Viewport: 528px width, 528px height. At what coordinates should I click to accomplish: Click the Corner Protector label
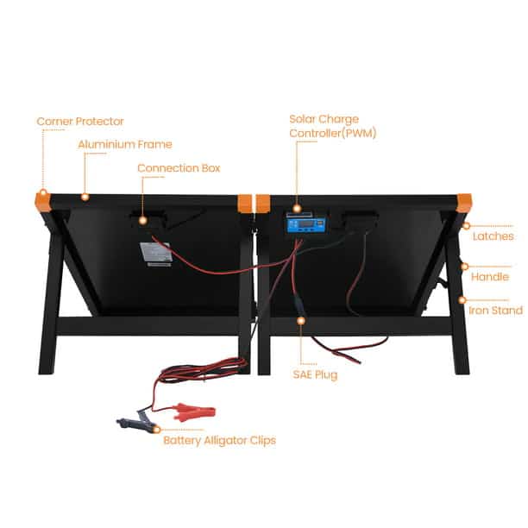click(80, 122)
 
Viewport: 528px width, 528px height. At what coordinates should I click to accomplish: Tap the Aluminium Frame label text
click(125, 144)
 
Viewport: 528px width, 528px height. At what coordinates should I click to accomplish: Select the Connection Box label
click(179, 168)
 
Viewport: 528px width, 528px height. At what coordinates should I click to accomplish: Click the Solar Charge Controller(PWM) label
click(333, 126)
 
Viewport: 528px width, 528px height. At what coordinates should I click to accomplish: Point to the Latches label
click(493, 236)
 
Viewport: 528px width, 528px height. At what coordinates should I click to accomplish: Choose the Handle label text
click(490, 277)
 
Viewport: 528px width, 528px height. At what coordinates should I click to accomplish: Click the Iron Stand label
click(496, 311)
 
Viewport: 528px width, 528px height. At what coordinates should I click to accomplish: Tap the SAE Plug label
click(315, 374)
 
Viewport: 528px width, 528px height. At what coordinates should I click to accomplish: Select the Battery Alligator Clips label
click(219, 441)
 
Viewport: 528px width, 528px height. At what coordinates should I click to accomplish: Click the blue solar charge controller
click(306, 224)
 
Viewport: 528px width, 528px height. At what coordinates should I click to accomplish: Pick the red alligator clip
click(193, 413)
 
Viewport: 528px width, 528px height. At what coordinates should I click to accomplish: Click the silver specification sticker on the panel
click(156, 253)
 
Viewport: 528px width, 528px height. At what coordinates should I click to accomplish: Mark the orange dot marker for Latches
click(467, 226)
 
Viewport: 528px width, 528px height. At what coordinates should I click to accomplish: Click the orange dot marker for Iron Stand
click(462, 300)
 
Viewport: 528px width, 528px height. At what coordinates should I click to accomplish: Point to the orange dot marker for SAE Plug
click(301, 321)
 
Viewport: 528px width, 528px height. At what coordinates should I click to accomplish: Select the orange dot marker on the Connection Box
click(142, 221)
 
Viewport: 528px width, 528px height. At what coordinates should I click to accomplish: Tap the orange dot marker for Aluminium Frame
click(85, 197)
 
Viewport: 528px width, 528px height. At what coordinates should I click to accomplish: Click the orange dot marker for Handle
click(465, 267)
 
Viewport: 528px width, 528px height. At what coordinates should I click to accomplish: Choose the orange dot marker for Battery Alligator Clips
click(156, 430)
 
